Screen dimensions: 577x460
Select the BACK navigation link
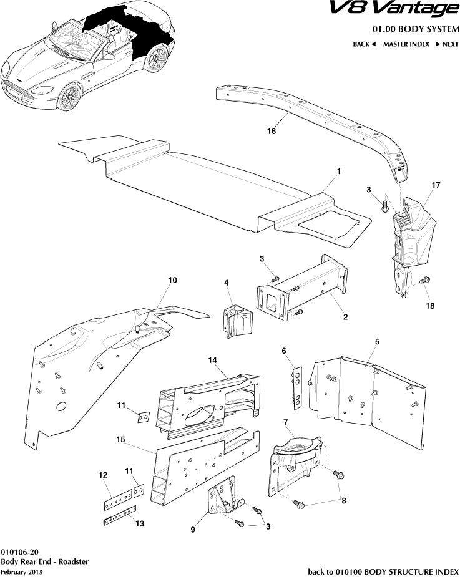pos(365,44)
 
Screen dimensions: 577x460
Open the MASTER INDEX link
pos(405,44)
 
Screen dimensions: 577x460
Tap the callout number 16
pos(272,132)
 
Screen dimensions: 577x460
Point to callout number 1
pos(338,170)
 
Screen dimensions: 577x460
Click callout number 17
pos(436,185)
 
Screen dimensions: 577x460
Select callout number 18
pos(431,306)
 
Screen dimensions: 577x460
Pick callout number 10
pos(173,281)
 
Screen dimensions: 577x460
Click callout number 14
pos(212,361)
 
